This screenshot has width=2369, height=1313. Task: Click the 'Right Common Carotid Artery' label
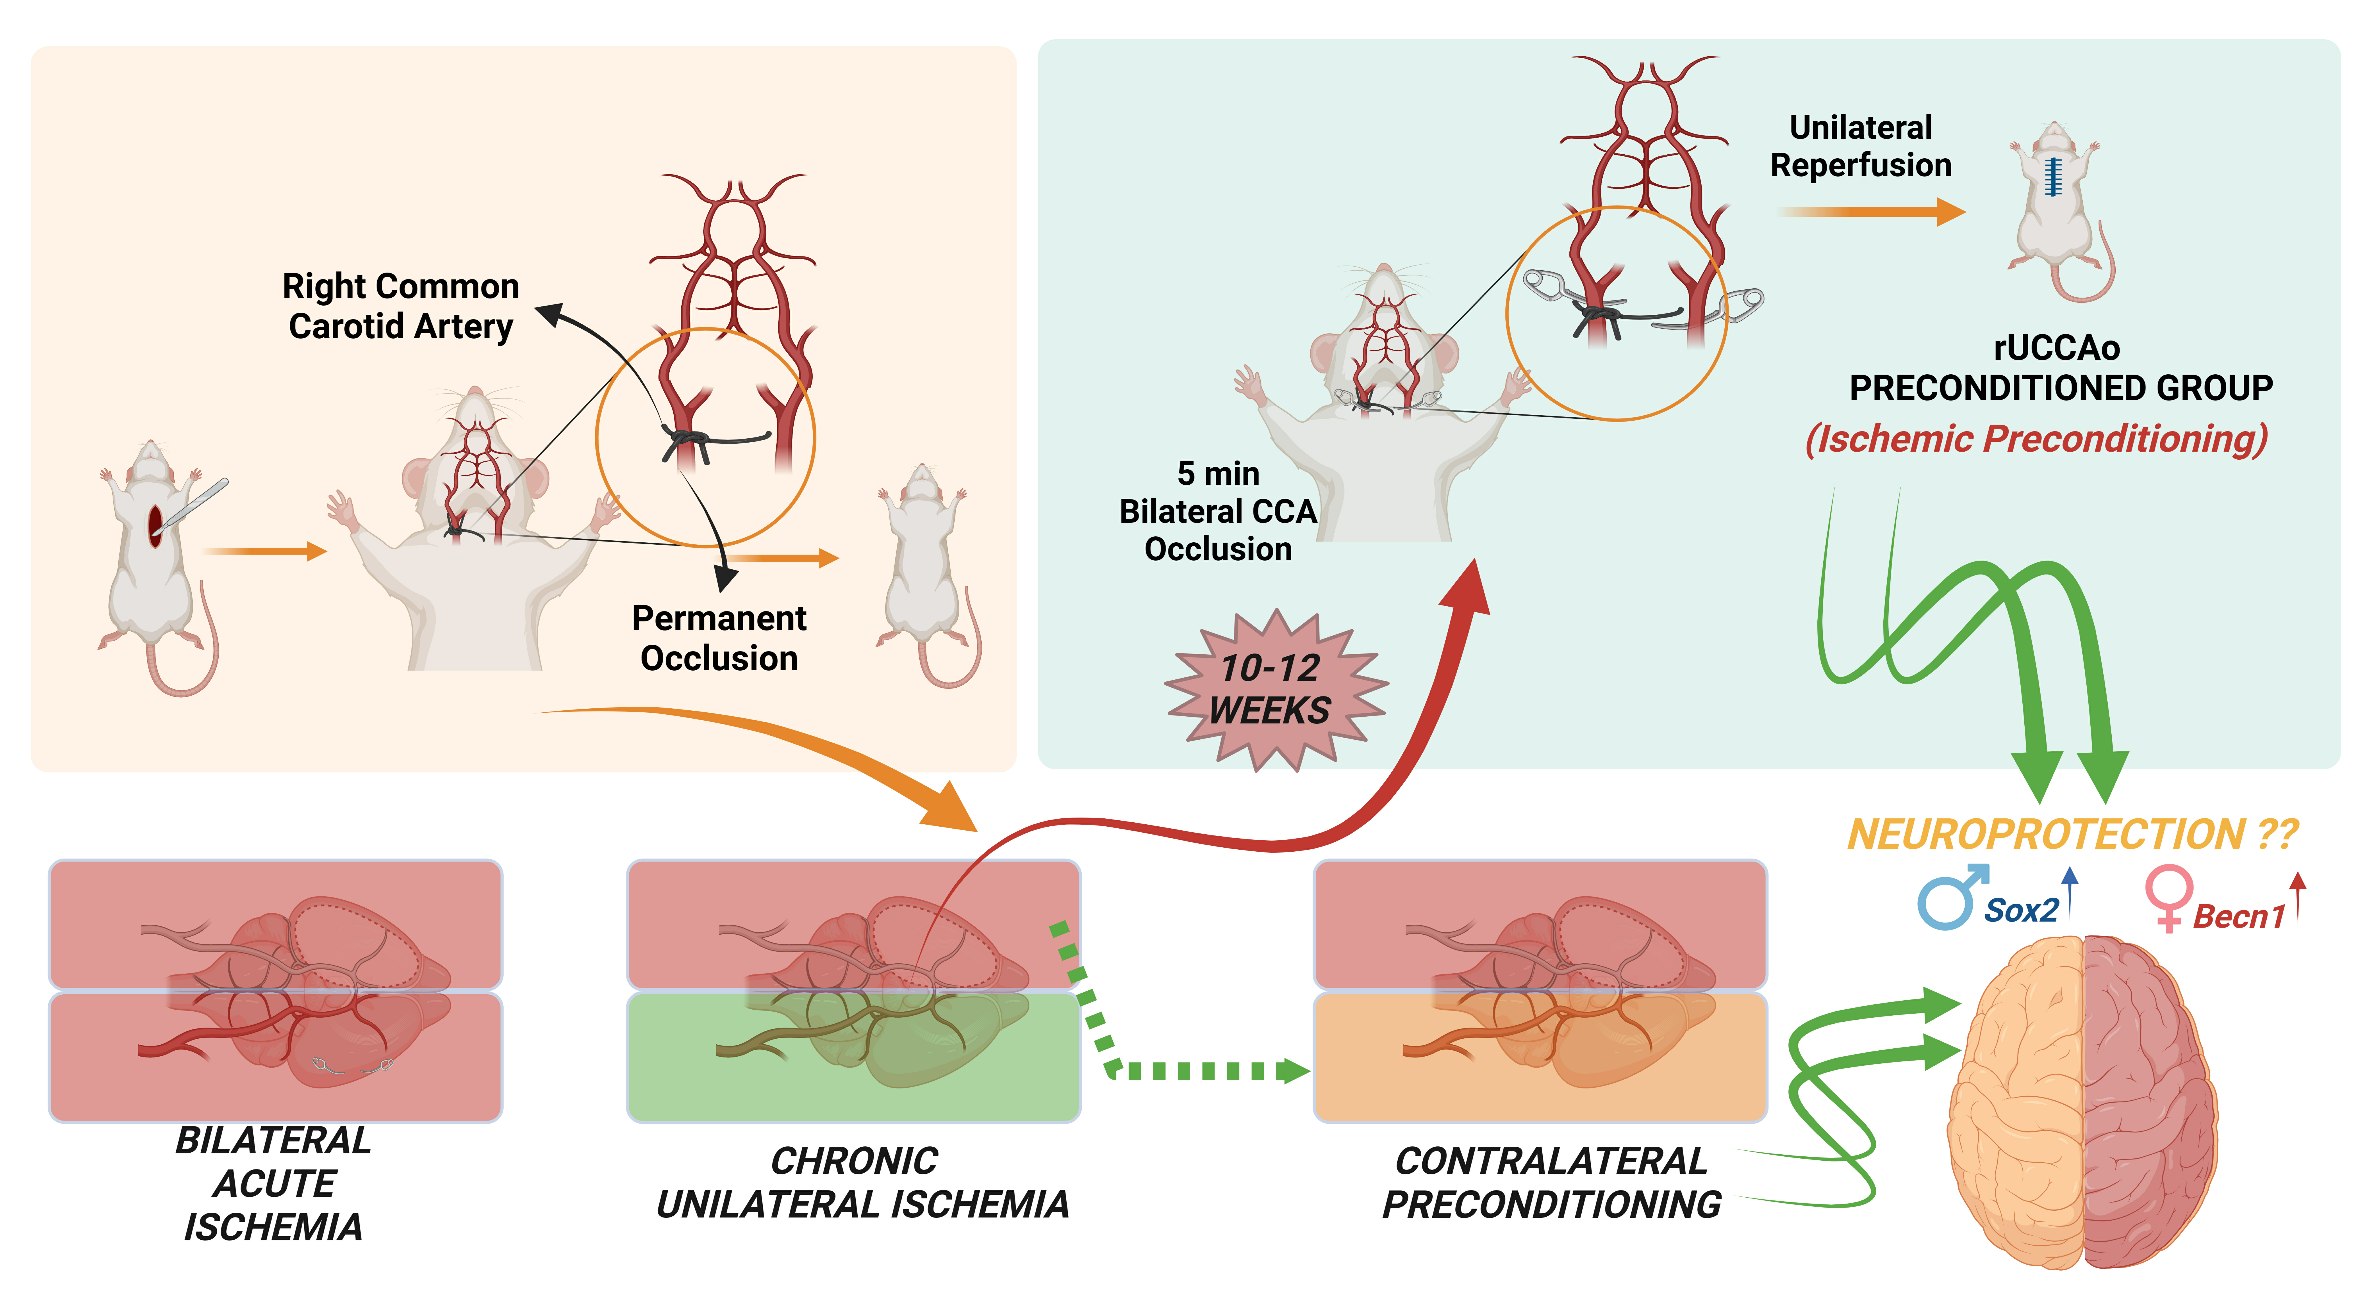click(401, 306)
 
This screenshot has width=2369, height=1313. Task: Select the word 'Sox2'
click(2020, 910)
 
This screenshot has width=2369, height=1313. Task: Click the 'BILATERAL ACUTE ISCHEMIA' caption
click(274, 1183)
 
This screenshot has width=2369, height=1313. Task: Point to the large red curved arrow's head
click(1468, 588)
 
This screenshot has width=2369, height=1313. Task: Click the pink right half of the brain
click(2147, 1103)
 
